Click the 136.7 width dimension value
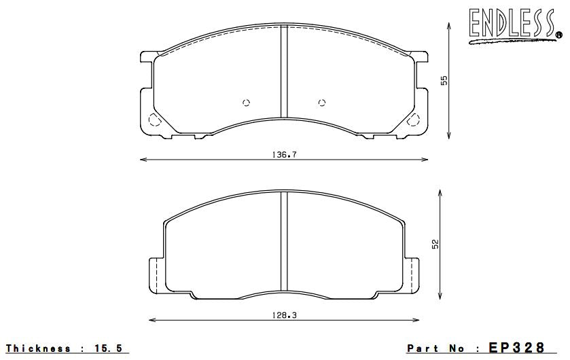(285, 155)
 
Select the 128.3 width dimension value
(285, 315)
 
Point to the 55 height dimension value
(444, 80)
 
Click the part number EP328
(517, 348)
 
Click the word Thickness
(38, 348)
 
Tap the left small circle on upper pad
(247, 103)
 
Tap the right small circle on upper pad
(322, 103)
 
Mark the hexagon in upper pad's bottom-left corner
(154, 120)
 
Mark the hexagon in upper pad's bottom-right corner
(414, 120)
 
